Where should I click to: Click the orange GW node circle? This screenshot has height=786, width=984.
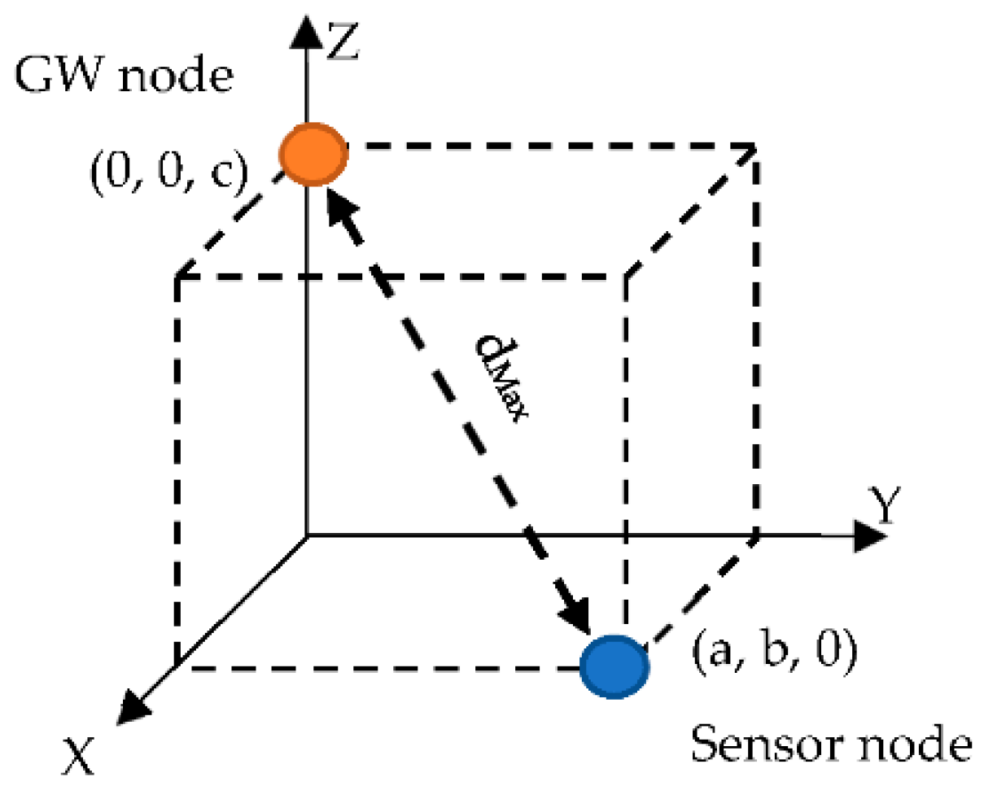coord(313,155)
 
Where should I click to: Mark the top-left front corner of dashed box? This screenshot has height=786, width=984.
coord(177,279)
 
